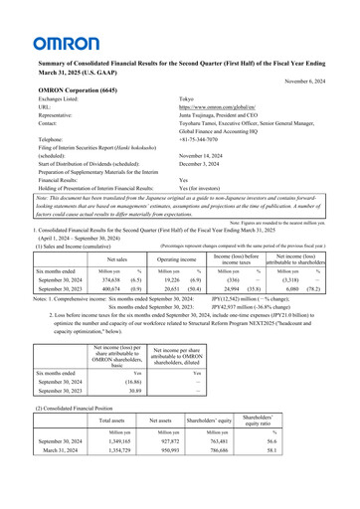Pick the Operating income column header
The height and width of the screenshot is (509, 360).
[167, 256]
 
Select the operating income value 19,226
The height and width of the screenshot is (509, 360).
[164, 280]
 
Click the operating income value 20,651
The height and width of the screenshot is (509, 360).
[164, 289]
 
